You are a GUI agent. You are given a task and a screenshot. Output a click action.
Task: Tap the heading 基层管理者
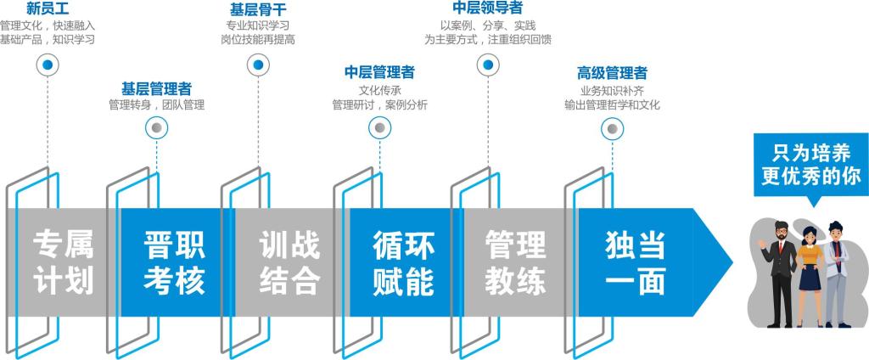pos(156,87)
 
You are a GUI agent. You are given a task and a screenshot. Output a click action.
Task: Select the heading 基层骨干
pos(258,8)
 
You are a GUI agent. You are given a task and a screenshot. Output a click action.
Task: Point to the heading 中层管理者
pos(379,71)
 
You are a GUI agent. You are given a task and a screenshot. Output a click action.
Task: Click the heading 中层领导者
pos(487,8)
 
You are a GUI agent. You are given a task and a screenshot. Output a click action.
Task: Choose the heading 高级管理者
pos(612,72)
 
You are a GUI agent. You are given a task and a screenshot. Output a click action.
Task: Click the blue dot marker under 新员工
pos(48,65)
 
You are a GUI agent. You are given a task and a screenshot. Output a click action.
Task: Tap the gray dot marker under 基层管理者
pos(156,128)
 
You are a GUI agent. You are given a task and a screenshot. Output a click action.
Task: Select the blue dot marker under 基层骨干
pos(258,65)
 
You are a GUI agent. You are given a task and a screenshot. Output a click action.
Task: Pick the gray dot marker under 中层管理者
pos(379,128)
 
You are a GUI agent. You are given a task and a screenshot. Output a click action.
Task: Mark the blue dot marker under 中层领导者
pos(487,65)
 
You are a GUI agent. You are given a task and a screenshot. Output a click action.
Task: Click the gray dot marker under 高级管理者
pos(611,128)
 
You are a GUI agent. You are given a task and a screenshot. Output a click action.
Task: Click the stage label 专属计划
pos(63,262)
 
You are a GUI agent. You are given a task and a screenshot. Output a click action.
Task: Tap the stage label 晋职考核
pos(175,262)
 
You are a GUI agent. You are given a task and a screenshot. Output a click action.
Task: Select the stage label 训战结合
pos(289,262)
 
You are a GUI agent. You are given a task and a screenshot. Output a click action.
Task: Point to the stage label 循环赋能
pos(404,262)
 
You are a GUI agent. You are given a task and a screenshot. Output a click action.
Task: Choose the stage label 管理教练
pos(516,262)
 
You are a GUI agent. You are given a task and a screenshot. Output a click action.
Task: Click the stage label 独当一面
pos(635,262)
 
